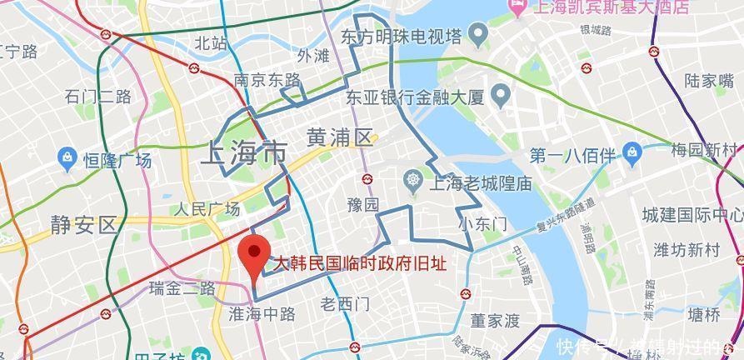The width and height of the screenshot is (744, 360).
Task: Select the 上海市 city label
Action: pyautogui.click(x=244, y=153)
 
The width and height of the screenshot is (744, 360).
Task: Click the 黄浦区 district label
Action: pyautogui.click(x=340, y=137)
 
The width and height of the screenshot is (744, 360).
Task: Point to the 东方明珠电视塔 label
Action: pyautogui.click(x=401, y=36)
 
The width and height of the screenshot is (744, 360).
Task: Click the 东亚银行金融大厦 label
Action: pyautogui.click(x=416, y=97)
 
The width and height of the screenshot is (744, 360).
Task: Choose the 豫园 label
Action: pyautogui.click(x=363, y=204)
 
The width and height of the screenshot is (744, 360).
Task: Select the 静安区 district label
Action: pyautogui.click(x=83, y=225)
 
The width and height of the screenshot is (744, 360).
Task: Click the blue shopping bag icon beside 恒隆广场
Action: pyautogui.click(x=67, y=157)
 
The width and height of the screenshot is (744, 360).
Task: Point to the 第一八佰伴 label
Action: pyautogui.click(x=572, y=155)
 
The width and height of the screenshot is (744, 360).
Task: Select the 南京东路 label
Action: pyautogui.click(x=267, y=80)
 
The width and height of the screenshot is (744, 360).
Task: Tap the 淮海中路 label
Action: pyautogui.click(x=262, y=314)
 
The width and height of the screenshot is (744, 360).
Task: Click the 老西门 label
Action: pyautogui.click(x=345, y=304)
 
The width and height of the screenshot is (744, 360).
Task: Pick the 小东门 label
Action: pyautogui.click(x=482, y=224)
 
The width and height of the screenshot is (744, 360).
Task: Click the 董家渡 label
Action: pyautogui.click(x=495, y=320)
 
